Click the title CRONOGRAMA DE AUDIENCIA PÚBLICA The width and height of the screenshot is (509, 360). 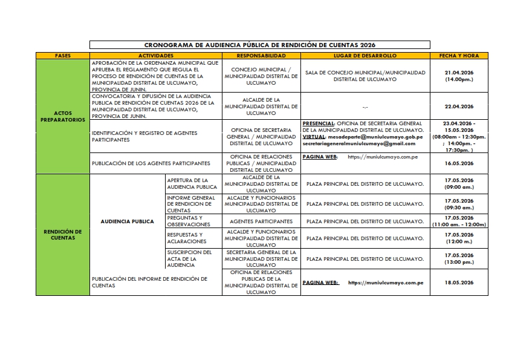tap(259, 45)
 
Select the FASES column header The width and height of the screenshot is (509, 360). tap(62, 56)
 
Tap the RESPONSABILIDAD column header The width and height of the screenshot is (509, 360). tap(261, 56)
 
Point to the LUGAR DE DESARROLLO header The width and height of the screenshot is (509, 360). tap(365, 56)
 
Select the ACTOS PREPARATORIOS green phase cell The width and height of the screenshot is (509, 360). tap(62, 116)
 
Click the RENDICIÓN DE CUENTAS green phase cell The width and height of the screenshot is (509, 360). tap(62, 234)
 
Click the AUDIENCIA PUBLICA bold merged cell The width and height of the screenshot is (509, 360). tap(128, 221)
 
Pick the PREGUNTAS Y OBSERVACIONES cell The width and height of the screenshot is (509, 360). tap(189, 221)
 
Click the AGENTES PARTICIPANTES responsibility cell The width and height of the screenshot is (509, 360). tap(261, 221)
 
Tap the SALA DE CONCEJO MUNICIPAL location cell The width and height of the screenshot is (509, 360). tap(365, 76)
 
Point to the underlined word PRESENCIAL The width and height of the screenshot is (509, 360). tap(318, 123)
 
